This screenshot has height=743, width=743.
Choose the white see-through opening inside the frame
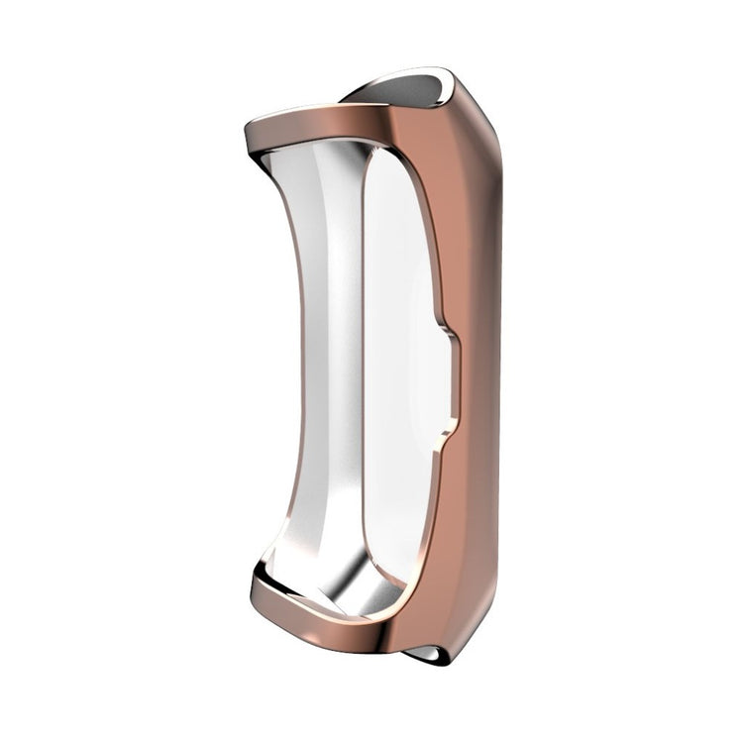click(401, 376)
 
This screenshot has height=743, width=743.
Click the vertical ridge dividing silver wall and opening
click(364, 376)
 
